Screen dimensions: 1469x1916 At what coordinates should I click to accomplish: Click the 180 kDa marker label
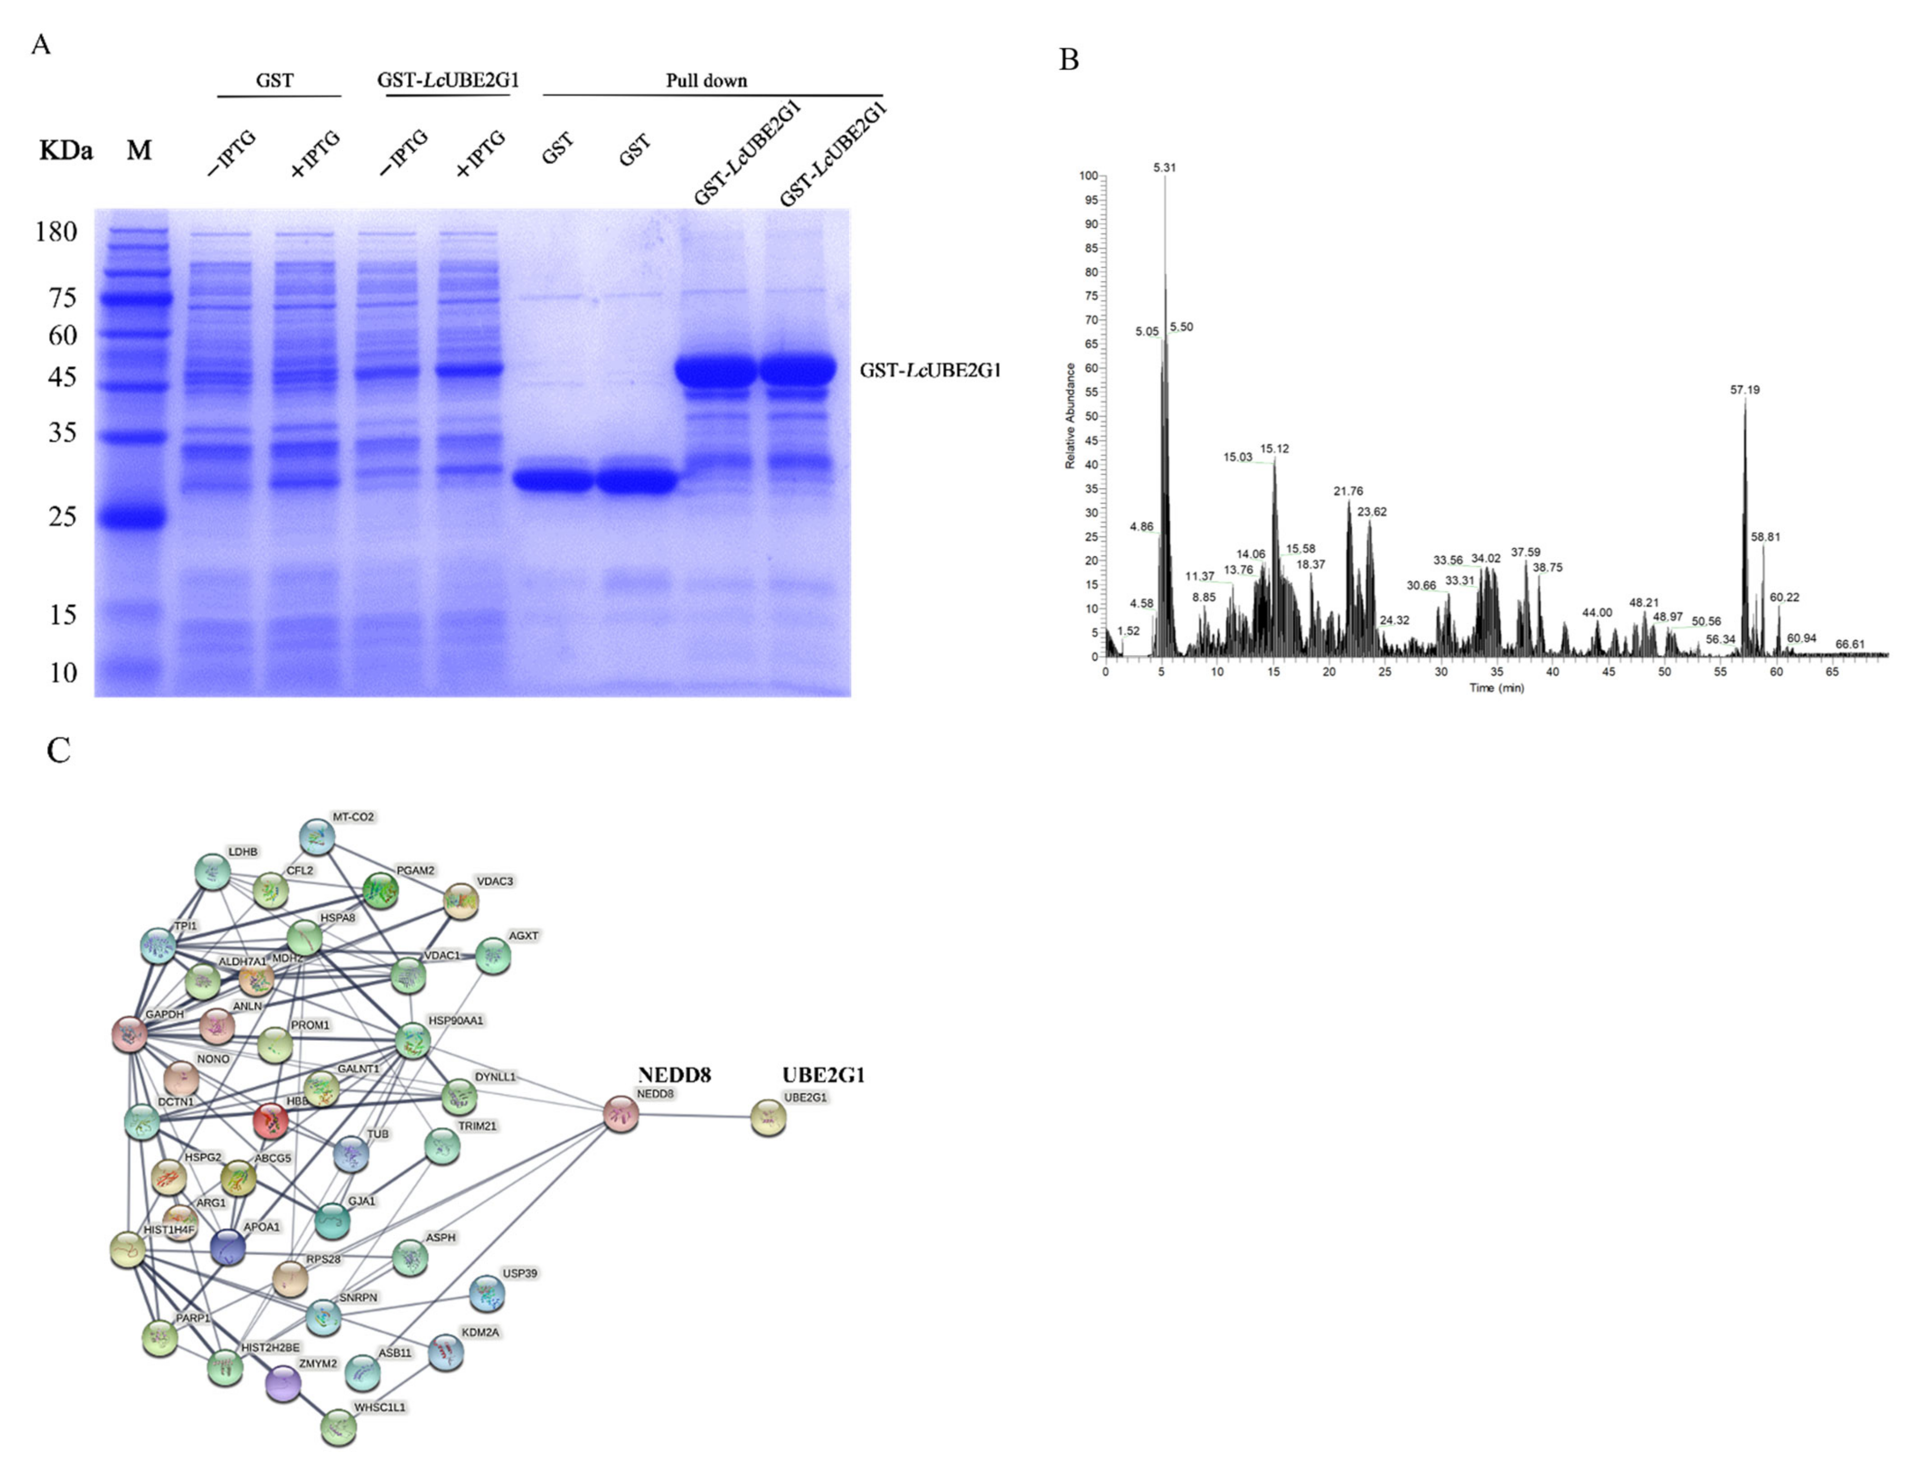coord(56,232)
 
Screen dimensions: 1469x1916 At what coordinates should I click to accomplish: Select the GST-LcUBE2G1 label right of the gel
coord(930,370)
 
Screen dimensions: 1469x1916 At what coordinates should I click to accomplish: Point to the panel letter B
coord(1069,60)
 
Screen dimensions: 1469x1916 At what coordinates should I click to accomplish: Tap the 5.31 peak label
coord(1164,168)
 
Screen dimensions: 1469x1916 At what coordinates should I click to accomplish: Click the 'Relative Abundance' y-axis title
coord(1069,416)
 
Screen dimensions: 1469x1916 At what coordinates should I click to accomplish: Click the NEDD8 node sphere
coord(621,1115)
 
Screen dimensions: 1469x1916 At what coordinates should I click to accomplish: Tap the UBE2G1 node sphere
coord(768,1117)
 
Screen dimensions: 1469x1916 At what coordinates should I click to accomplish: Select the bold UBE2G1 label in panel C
coord(823,1075)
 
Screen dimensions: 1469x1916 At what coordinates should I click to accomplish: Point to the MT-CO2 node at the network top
coord(317,837)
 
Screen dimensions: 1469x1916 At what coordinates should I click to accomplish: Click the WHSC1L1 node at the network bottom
coord(338,1427)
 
